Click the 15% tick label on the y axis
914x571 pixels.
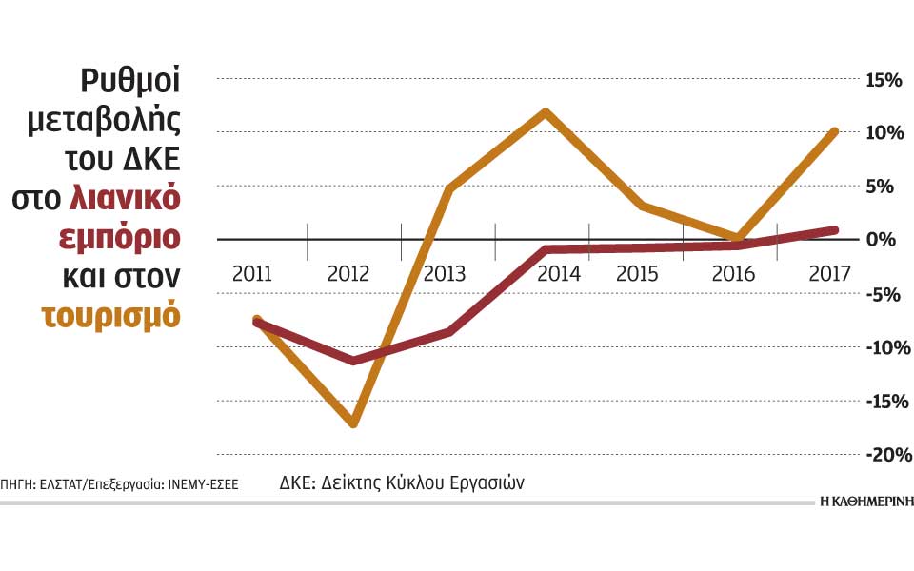click(x=883, y=79)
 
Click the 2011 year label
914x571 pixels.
click(x=252, y=274)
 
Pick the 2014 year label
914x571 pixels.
click(x=560, y=274)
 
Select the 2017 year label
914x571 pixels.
click(x=829, y=274)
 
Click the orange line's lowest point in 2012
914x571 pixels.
click(x=354, y=423)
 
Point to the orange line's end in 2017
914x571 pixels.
click(x=834, y=131)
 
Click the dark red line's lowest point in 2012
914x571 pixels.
click(x=354, y=361)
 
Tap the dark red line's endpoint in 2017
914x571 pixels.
click(x=834, y=229)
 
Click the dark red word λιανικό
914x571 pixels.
click(x=125, y=198)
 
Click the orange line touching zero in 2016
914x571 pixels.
click(x=738, y=237)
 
